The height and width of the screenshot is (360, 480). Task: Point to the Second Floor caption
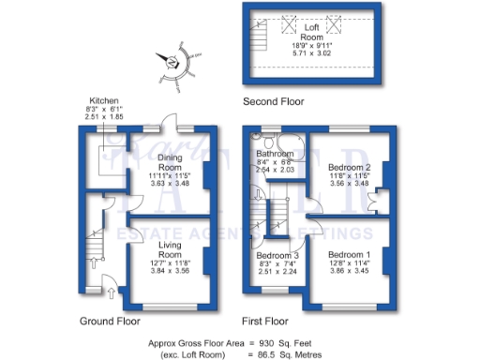pyautogui.click(x=274, y=100)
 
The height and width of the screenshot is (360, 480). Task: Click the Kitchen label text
pyautogui.click(x=103, y=100)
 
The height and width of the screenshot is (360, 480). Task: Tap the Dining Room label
pyautogui.click(x=170, y=162)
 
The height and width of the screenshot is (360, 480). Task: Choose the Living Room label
pyautogui.click(x=170, y=248)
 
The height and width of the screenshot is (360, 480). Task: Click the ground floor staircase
pyautogui.click(x=93, y=246)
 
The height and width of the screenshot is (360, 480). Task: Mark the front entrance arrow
pyautogui.click(x=114, y=293)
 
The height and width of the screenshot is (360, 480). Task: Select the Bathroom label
pyautogui.click(x=276, y=153)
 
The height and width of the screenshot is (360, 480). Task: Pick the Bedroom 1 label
pyautogui.click(x=349, y=254)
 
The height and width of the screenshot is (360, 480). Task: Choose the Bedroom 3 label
pyautogui.click(x=278, y=254)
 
